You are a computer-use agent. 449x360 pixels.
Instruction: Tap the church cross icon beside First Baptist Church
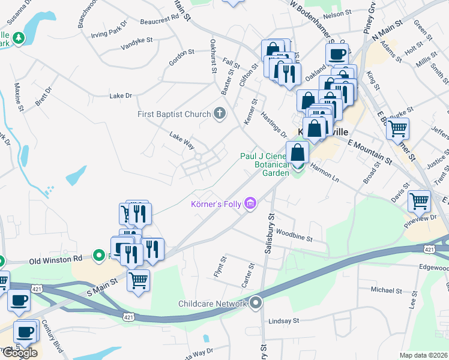220,113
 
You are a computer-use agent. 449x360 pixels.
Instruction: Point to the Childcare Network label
213,304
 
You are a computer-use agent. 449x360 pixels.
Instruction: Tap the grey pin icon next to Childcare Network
257,303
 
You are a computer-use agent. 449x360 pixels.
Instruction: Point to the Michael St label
385,290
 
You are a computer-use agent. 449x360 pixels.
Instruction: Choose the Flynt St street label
219,268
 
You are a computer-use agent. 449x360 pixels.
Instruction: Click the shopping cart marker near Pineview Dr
419,201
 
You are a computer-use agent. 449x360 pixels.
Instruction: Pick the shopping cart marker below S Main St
139,280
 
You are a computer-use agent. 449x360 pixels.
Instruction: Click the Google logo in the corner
20,353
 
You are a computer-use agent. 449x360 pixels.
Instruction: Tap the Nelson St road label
337,13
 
